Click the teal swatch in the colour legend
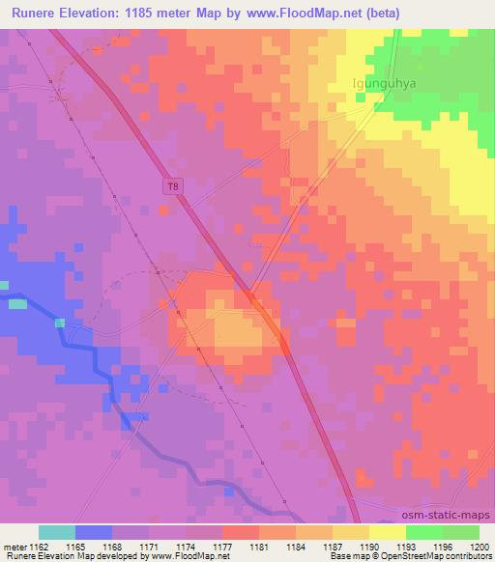57,532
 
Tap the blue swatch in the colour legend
94,532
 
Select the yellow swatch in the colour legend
388,532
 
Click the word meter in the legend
13,547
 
